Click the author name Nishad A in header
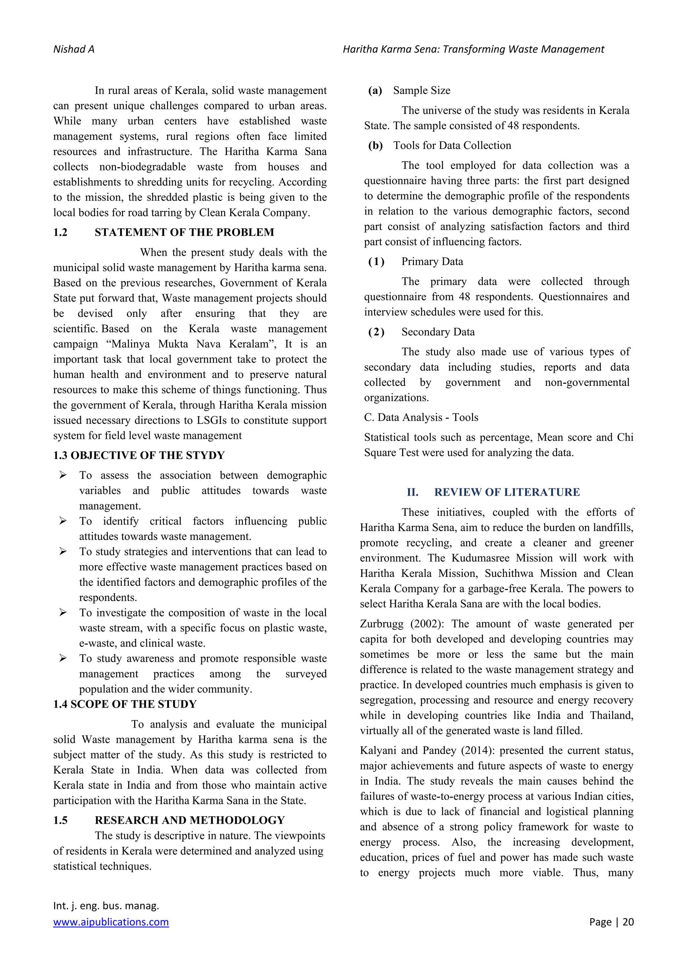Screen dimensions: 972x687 [74, 50]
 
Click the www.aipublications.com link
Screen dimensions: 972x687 [111, 922]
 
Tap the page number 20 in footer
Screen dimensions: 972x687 [628, 922]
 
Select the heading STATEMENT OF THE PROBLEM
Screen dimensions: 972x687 [184, 233]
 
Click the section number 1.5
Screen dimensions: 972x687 [60, 820]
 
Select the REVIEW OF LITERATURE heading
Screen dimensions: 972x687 [507, 492]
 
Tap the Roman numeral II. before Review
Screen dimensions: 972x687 [412, 492]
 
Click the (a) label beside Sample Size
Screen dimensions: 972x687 [375, 91]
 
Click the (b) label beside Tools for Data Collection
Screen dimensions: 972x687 [375, 146]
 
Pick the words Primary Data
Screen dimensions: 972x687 [432, 262]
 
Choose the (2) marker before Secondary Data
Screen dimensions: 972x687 [376, 332]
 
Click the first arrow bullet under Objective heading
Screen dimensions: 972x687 [63, 475]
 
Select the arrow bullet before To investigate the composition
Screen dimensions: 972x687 [63, 613]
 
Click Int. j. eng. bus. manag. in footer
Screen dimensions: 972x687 [106, 906]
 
